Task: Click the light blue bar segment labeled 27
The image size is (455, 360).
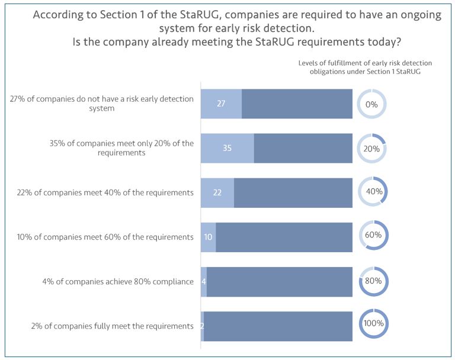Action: point(221,104)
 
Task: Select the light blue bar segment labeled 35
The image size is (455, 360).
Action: point(227,148)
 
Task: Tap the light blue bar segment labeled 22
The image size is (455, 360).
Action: point(217,192)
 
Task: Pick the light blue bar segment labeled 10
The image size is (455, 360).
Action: point(208,237)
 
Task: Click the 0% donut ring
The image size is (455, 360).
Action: point(371,104)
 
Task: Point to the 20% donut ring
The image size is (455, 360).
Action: point(371,149)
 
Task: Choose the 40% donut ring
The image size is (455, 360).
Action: point(373,191)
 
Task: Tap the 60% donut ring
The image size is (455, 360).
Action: point(373,234)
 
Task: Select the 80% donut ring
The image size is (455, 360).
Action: point(374,281)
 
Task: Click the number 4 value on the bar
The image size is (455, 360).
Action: point(204,281)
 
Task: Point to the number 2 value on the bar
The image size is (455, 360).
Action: point(202,326)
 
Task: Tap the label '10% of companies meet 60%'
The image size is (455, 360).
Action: point(106,237)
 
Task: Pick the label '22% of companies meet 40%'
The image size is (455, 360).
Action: point(105,192)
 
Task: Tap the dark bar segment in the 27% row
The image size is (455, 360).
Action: point(297,104)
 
